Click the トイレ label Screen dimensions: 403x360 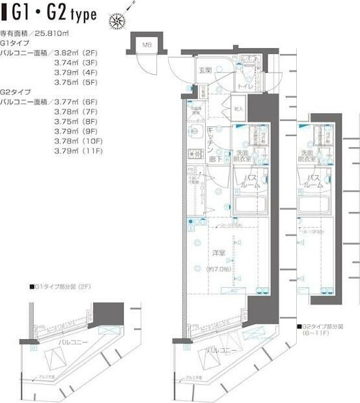coord(245,86)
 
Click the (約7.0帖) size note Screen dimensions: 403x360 coord(219,268)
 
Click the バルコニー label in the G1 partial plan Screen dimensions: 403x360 coord(70,340)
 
